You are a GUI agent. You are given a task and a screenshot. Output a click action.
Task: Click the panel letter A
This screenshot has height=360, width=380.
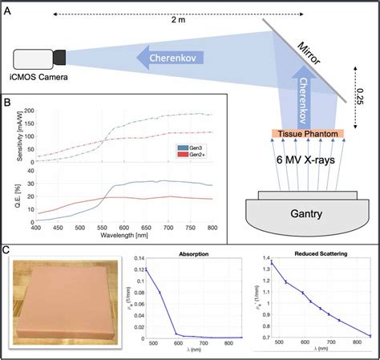pos(7,7)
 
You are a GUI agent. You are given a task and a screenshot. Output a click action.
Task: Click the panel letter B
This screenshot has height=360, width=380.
pos(7,102)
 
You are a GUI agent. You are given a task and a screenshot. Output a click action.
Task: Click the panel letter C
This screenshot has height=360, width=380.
pos(7,249)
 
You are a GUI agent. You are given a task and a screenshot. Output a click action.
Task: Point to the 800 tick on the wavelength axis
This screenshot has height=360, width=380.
pos(212,229)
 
